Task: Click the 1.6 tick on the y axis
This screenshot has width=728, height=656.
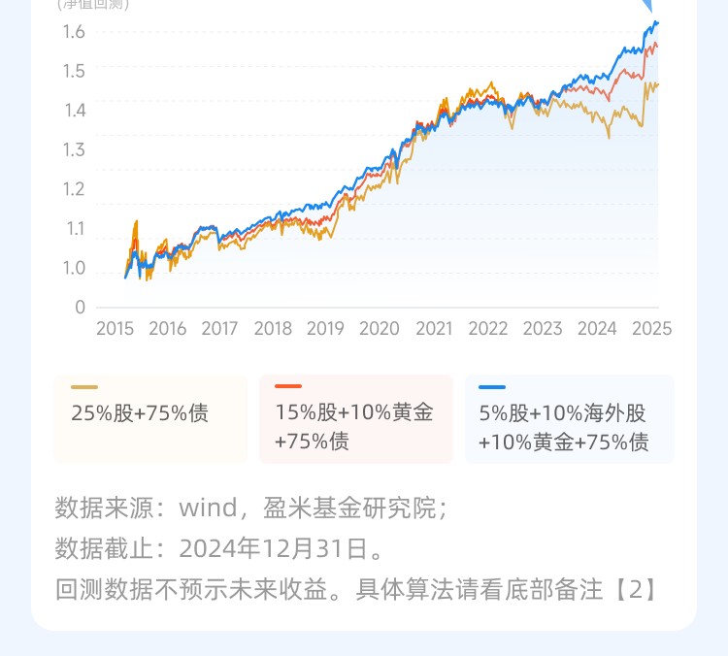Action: (74, 32)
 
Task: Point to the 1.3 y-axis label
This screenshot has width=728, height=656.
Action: (74, 149)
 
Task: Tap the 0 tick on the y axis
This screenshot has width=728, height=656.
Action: (80, 308)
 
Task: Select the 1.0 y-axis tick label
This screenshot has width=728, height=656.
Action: (74, 268)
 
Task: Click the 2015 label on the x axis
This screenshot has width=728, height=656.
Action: (115, 329)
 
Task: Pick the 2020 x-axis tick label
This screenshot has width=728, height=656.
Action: (379, 329)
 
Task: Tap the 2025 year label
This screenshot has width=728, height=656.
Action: (651, 329)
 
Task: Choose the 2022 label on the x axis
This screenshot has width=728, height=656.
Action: (487, 329)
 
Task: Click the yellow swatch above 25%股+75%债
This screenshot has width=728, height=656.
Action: (84, 387)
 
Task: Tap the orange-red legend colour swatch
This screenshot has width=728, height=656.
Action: (288, 387)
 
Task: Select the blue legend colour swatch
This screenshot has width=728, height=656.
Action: (492, 387)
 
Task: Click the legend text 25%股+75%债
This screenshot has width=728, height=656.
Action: (140, 413)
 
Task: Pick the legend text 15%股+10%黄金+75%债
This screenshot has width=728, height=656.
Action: (353, 427)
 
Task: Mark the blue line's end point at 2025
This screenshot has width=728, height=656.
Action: (657, 22)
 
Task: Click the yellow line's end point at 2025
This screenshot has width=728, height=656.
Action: (657, 84)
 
